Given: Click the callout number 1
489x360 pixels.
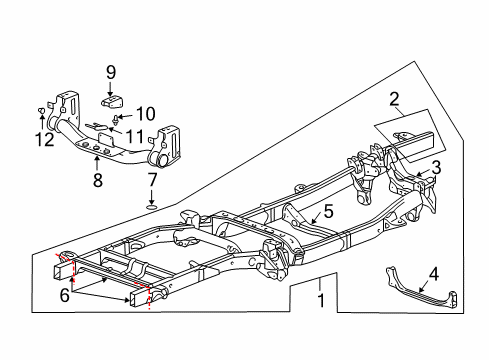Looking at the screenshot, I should pyautogui.click(x=320, y=300).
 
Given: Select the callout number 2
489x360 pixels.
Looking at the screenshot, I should pyautogui.click(x=394, y=98).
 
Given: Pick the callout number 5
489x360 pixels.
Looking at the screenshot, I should pyautogui.click(x=328, y=212).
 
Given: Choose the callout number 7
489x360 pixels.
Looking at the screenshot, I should pyautogui.click(x=151, y=180).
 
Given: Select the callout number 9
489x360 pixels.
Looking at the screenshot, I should pyautogui.click(x=111, y=72).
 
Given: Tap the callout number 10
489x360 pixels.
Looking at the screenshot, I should pyautogui.click(x=146, y=113).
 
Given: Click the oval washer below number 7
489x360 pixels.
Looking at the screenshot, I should pyautogui.click(x=151, y=209).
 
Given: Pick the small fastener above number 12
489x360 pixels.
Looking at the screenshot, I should pyautogui.click(x=41, y=110).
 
